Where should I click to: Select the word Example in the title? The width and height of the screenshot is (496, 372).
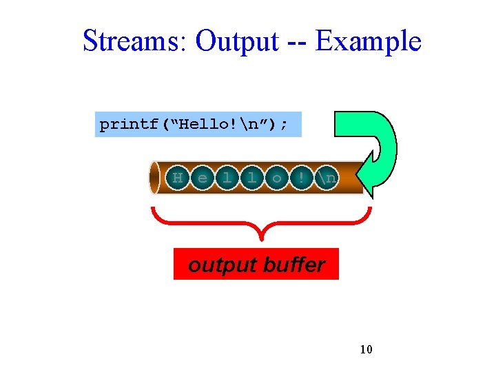[x=368, y=41]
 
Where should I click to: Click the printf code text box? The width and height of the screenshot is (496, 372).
[x=198, y=125]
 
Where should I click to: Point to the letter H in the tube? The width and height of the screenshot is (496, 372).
[x=178, y=178]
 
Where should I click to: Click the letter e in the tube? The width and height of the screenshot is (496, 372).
[x=203, y=178]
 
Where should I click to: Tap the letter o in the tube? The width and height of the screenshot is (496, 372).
[x=276, y=178]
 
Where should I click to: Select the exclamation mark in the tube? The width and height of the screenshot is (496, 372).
[x=301, y=178]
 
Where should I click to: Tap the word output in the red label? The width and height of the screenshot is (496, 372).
[x=219, y=265]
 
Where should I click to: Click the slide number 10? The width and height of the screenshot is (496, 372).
[x=366, y=350]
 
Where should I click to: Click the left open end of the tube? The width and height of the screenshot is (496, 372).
[x=154, y=178]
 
